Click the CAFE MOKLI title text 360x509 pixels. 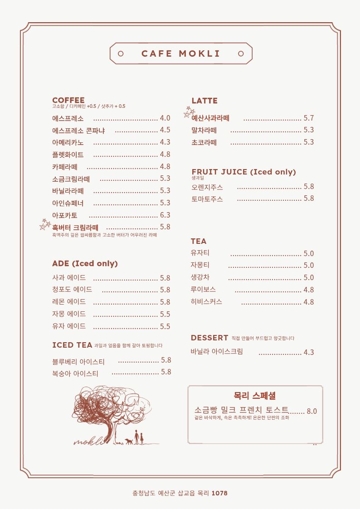coord(180,53)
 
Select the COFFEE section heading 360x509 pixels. coord(68,100)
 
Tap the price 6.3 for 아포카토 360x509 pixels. coord(165,215)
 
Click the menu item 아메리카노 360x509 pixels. coord(68,142)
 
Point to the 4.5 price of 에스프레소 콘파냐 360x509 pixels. coord(165,130)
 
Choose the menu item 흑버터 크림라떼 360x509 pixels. coord(75,228)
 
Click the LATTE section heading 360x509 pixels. coord(204,101)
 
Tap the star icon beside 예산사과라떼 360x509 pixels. coord(189,112)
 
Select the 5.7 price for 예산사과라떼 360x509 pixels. coord(309,118)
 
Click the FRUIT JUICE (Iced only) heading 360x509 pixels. coord(243,172)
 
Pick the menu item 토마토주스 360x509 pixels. coord(207,199)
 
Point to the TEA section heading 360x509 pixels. coord(199,241)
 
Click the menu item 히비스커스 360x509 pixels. coord(207,302)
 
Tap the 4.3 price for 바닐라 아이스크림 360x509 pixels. coord(309,352)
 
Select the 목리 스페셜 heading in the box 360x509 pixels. coord(254,396)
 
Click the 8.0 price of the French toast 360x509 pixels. coord(312,412)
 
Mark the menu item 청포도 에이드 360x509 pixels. coord(72,290)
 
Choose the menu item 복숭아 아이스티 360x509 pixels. coord(75,373)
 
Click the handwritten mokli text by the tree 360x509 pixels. coord(88,441)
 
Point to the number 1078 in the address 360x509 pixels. coord(219,493)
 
